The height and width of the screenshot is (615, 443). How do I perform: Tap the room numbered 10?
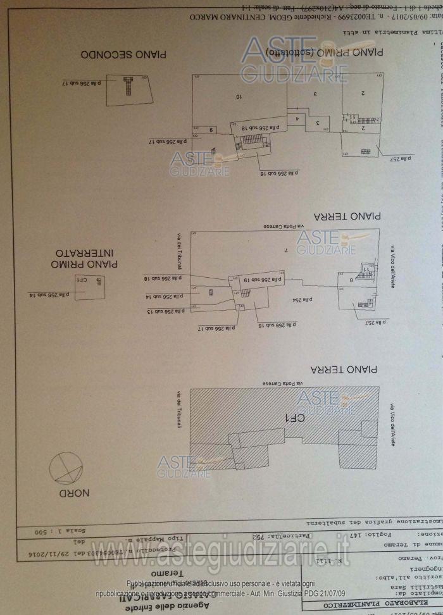coord(239,97)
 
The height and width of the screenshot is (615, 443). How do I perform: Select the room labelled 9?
coord(211,129)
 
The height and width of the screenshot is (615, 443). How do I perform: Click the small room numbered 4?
coord(296,118)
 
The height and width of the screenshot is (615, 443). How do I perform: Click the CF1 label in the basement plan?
coord(82,279)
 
